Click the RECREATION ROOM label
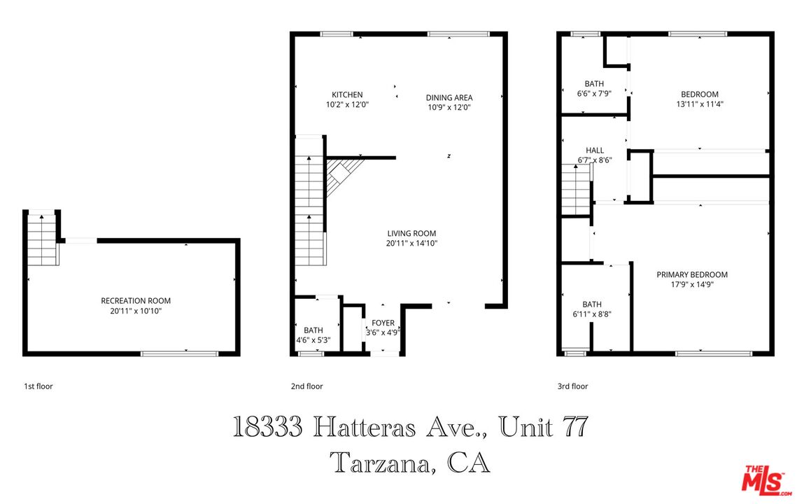click(136, 301)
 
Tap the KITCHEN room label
click(347, 95)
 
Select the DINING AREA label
click(449, 98)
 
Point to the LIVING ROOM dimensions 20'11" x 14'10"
click(411, 244)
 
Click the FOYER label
click(383, 323)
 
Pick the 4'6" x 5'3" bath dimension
click(313, 340)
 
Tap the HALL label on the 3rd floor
click(595, 150)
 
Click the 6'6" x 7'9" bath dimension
click(594, 93)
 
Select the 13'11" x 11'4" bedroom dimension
click(699, 104)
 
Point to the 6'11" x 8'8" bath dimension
click(592, 314)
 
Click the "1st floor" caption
click(38, 386)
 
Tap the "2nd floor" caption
click(307, 386)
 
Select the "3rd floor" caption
click(572, 386)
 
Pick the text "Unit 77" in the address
click(543, 427)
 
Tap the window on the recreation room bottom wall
click(180, 353)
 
